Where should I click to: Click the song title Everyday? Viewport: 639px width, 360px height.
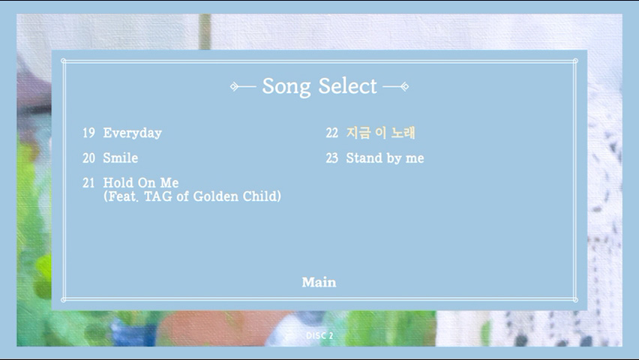pos(133,133)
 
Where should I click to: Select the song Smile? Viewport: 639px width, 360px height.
pos(121,157)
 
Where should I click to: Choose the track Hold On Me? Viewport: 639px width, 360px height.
pos(140,182)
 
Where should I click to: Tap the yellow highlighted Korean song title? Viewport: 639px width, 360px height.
pos(381,133)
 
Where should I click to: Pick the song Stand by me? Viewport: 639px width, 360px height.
pos(385,158)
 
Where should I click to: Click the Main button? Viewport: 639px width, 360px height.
pos(319,282)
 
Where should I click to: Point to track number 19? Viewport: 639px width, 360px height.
pos(88,133)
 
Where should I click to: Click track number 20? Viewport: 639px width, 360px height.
pos(88,157)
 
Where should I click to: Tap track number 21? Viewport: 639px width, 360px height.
pos(88,183)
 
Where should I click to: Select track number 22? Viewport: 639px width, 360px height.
pos(332,133)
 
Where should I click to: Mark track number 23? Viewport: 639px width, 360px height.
pos(332,157)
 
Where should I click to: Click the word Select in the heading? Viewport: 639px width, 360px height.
pos(347,85)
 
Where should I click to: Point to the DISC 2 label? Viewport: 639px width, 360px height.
pos(319,335)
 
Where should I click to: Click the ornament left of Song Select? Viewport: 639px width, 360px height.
pos(243,86)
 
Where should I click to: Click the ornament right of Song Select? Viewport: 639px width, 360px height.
pos(396,86)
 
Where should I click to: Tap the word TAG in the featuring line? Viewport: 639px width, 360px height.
pos(158,196)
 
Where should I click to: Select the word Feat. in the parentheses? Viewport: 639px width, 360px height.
pos(123,196)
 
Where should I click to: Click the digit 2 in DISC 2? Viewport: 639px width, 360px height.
pos(331,335)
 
